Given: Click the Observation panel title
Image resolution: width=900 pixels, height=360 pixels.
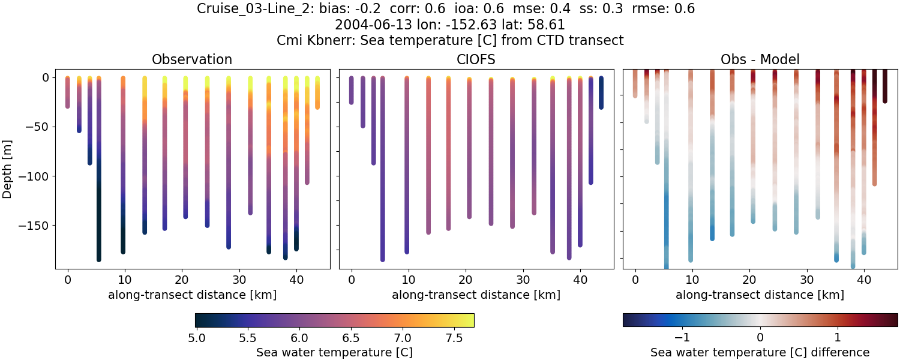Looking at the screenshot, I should tap(192, 59).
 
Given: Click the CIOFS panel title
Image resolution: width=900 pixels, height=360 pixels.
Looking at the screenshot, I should tap(476, 59).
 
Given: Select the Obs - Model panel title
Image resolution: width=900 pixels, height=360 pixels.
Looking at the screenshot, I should tap(760, 59).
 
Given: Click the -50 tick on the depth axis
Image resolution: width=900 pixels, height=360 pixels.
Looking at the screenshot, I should tap(37, 127).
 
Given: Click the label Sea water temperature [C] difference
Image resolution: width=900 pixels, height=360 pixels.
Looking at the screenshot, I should tap(760, 352).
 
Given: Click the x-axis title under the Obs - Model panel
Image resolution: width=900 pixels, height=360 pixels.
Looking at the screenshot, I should tap(760, 295).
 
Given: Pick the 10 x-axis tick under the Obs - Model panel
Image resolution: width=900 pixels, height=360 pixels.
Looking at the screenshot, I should tap(692, 280).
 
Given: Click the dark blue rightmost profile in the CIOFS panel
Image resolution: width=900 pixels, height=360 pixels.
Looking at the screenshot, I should tap(601, 93).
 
